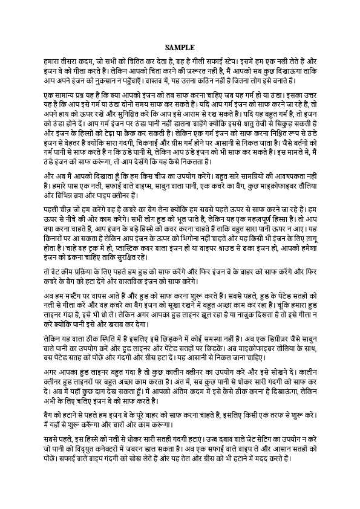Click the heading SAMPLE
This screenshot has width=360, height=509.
(180, 47)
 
